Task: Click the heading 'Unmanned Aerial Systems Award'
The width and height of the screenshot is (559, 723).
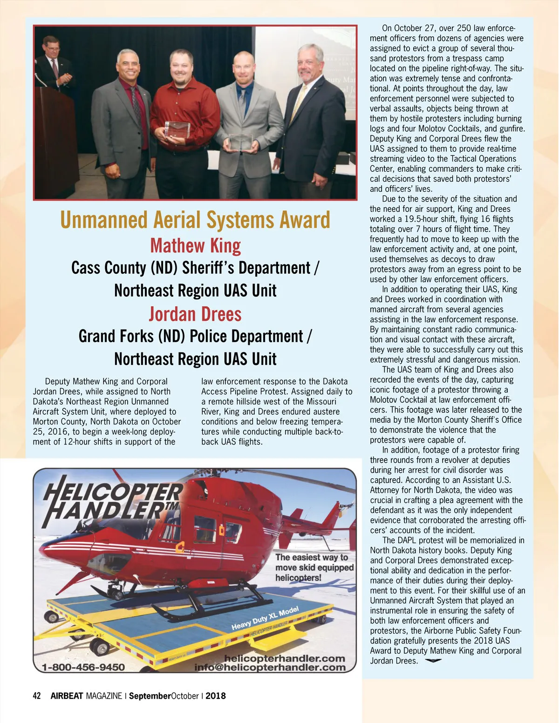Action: click(195, 220)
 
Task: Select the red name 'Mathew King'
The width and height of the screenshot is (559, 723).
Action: click(195, 245)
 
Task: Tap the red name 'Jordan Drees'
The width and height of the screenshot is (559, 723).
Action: click(195, 314)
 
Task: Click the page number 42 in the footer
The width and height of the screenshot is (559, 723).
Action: click(37, 696)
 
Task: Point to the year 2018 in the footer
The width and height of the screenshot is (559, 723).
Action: click(216, 696)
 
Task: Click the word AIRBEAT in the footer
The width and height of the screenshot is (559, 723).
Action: click(67, 696)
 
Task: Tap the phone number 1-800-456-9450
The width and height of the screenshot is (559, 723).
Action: click(83, 667)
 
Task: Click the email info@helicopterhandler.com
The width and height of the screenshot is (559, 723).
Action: click(270, 668)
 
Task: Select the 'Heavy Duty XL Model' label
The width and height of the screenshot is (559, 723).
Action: click(265, 618)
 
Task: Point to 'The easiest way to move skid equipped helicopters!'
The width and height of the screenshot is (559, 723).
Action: click(314, 568)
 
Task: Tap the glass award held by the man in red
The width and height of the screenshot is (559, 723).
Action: click(177, 130)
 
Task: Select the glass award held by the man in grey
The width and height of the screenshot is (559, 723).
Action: click(240, 142)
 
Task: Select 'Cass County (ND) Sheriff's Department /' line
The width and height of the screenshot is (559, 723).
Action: click(195, 268)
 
